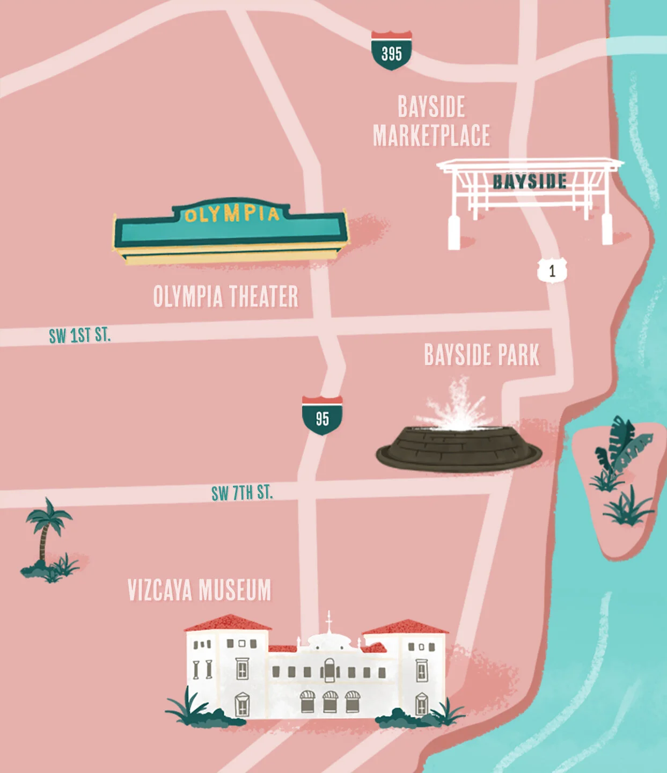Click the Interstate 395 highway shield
pos(392,51)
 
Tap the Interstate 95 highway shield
pos(322,415)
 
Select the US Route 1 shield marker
pos(552,271)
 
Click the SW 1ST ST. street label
pos(79,336)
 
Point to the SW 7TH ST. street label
pos(242,493)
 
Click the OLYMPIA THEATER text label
pos(225,296)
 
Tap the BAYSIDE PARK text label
pos(481,355)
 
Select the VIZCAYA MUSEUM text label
pos(199,590)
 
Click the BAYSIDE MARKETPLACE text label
pos(431,121)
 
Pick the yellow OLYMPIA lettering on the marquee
pos(232,214)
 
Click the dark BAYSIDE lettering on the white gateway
pos(530,181)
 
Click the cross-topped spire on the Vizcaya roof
pos(329,622)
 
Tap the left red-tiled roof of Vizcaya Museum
pos(228,623)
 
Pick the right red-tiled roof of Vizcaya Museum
pos(405,627)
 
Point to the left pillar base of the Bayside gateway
pos(454,234)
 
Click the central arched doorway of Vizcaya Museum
pos(329,670)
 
